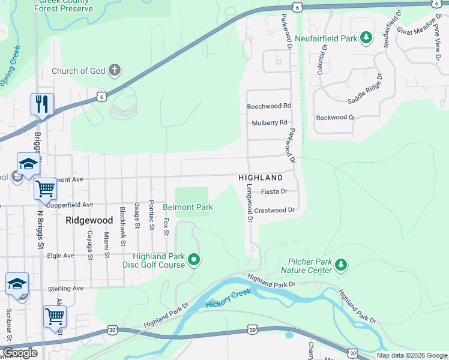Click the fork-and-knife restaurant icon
pos(42,104)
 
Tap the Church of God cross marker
pos(115,71)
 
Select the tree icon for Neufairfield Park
pos(366,38)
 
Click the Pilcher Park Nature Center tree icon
pos(341,265)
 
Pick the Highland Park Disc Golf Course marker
pos(193,260)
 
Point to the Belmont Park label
pos(188,208)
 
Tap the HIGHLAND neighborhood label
pos(260,178)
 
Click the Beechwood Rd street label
pos(268,106)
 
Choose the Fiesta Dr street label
pos(274,192)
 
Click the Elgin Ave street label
pos(61,256)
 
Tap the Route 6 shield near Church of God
pos(101,96)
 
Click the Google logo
pos(20,353)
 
